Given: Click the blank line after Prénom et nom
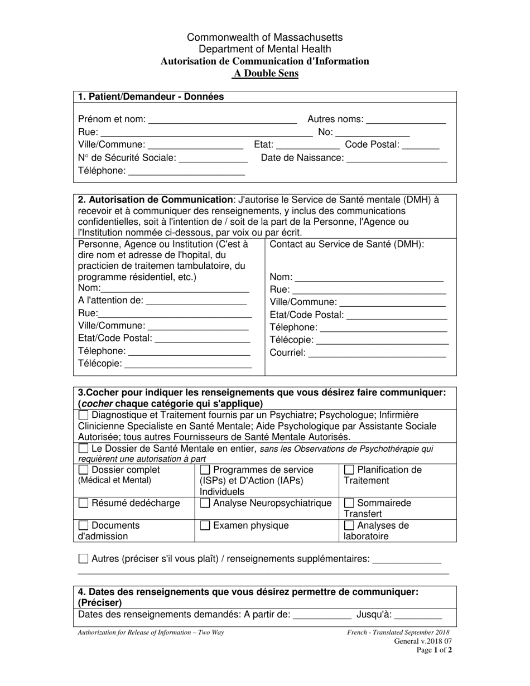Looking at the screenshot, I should click(x=223, y=120).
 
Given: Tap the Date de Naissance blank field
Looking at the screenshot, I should click(x=397, y=159).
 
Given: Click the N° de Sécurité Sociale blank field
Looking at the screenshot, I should click(x=213, y=159).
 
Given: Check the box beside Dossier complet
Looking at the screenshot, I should click(x=83, y=470).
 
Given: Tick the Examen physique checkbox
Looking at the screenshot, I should click(x=205, y=525).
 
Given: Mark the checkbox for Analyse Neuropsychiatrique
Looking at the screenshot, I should click(x=205, y=504).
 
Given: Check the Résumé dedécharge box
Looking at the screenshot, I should click(x=83, y=504).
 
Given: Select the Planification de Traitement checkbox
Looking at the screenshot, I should click(x=349, y=470).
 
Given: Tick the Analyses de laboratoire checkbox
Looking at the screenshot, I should click(x=349, y=525).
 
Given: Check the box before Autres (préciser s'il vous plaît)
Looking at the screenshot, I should click(x=83, y=559).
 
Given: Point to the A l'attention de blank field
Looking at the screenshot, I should click(x=196, y=301).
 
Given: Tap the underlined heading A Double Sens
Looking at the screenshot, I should click(x=265, y=74).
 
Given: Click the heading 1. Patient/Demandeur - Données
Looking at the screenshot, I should click(x=151, y=97).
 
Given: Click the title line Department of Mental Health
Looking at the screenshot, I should click(x=265, y=49).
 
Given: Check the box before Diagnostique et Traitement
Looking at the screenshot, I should click(x=83, y=416).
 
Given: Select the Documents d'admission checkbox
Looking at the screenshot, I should click(x=83, y=525).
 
